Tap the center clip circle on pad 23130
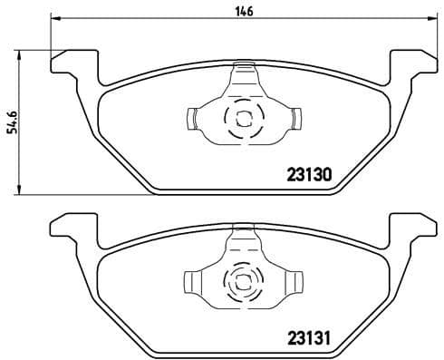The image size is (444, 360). pos(242,117)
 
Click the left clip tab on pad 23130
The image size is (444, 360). pos(194,117)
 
